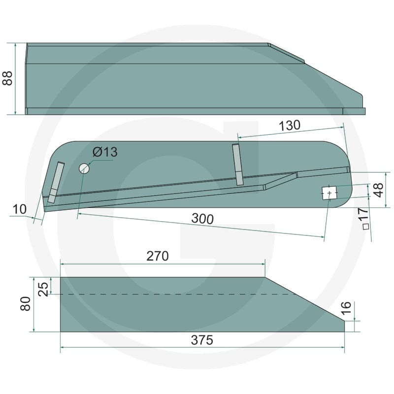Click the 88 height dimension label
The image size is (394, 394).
coord(7,78)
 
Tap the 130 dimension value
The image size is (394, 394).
coord(290,125)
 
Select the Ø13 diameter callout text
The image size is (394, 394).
coord(105,152)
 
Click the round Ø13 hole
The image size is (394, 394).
coord(84,168)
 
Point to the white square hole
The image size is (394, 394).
coord(329,193)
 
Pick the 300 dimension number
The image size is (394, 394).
coord(202,219)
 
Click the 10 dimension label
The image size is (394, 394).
coord(19,209)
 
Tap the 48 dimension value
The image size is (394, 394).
coord(378,190)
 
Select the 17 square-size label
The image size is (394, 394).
coord(363,214)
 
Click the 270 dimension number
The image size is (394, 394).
coord(158,256)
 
